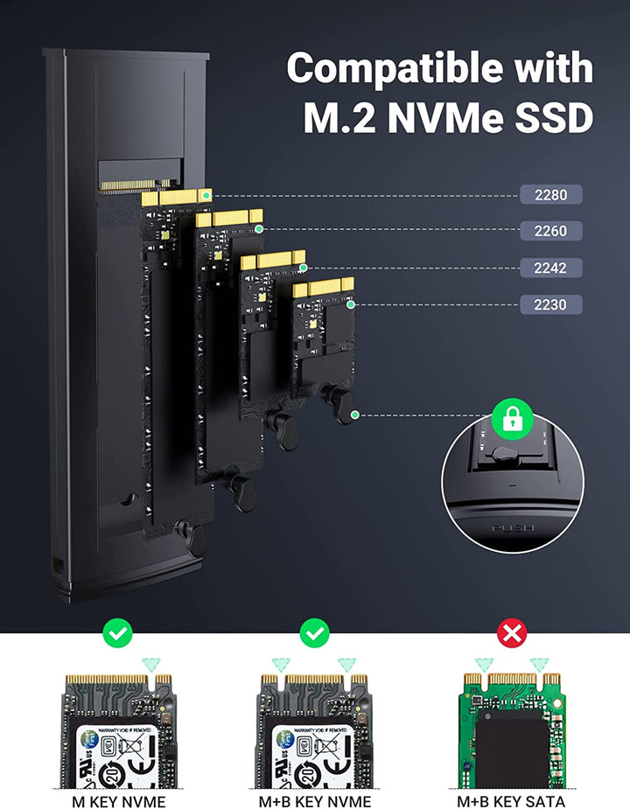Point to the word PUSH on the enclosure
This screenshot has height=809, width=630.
coord(514,528)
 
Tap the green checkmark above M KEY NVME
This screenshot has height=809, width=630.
coord(117,632)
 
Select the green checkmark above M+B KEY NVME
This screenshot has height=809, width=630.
coord(314,632)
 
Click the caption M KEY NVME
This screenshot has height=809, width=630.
coord(117,800)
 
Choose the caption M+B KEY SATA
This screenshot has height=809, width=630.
coord(511,800)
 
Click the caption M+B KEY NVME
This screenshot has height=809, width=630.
coord(314,800)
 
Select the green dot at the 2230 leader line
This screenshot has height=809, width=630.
coord(351,305)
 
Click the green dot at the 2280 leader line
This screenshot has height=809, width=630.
coord(205,194)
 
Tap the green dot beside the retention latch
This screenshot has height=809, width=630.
coord(354,415)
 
